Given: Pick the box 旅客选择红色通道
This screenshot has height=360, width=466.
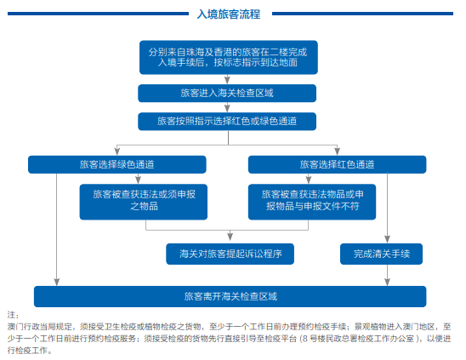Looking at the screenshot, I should [x=337, y=163].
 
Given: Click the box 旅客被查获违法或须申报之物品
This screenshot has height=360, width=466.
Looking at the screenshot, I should [x=145, y=200].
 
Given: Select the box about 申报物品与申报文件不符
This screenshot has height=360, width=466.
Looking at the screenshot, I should [x=312, y=200].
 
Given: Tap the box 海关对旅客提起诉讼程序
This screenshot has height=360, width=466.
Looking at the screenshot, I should [x=230, y=254].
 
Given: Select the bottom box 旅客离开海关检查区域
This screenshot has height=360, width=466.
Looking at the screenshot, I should [x=230, y=297].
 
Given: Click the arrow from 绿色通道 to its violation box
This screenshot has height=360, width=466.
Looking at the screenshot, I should [x=145, y=179].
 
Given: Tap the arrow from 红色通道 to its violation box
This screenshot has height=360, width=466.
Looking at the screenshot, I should [x=313, y=179].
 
